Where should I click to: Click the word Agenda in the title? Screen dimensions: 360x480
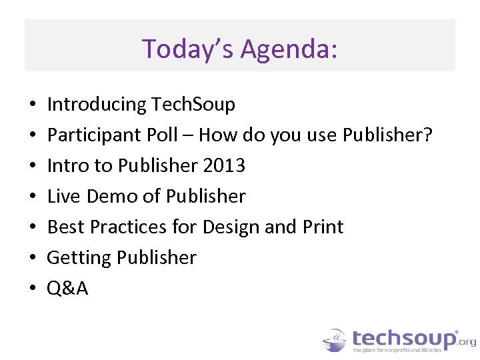[x=288, y=50]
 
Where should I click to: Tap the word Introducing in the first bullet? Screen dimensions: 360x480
[x=97, y=105]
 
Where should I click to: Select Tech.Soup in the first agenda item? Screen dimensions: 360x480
[x=193, y=105]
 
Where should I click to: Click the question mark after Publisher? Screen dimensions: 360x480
[x=428, y=135]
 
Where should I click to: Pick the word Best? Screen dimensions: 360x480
[x=65, y=227]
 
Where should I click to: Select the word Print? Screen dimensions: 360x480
[x=323, y=227]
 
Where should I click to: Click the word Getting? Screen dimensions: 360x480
[x=75, y=258]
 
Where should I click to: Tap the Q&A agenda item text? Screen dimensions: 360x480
[x=67, y=289]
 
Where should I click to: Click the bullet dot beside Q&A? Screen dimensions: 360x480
[x=32, y=289]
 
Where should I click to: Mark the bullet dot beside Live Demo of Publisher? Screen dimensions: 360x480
[x=32, y=197]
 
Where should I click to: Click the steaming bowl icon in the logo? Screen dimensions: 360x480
[x=335, y=340]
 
